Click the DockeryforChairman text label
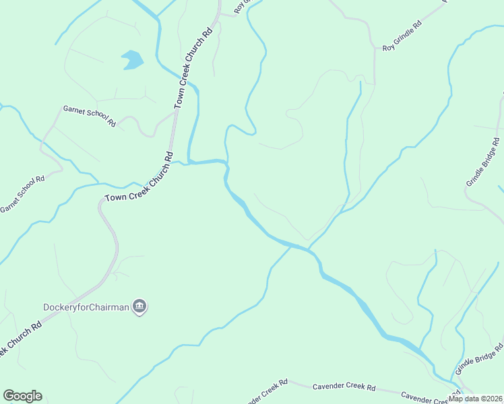click(x=86, y=307)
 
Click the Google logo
click(x=22, y=396)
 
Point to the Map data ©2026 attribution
click(x=476, y=399)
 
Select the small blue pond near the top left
click(x=132, y=59)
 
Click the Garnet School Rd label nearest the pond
click(x=90, y=116)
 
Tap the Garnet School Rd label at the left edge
click(x=22, y=194)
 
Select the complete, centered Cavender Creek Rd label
click(x=344, y=387)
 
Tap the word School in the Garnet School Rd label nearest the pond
click(x=95, y=117)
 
